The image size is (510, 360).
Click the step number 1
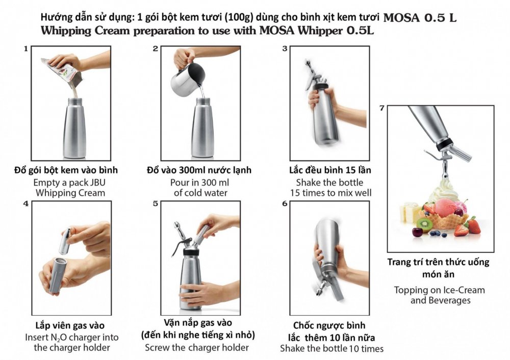point(25,49)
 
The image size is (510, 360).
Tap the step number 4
point(26,203)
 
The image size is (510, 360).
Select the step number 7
point(382,108)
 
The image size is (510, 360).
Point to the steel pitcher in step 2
point(188,79)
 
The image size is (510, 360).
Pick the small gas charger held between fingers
point(65,241)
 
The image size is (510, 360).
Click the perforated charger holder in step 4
point(56,274)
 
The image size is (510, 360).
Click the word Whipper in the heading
point(320,31)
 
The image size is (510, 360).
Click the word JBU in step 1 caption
point(97,183)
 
